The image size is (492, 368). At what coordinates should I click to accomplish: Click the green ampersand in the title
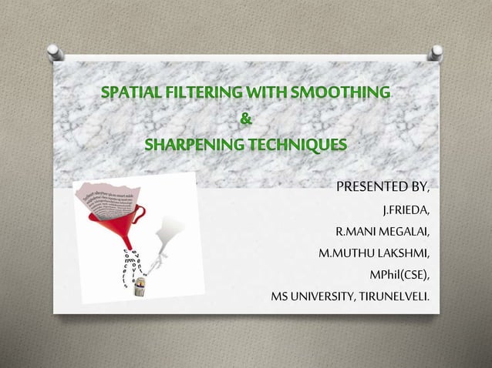coord(245,119)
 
